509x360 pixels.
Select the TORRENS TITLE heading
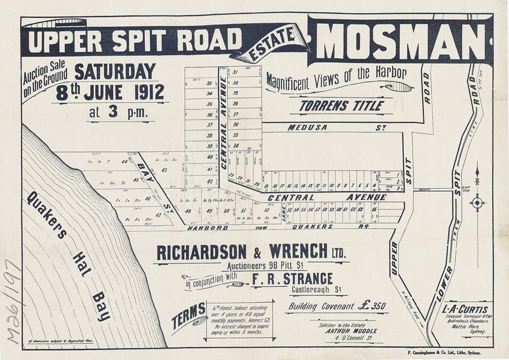[341, 106]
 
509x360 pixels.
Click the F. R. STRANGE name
[292, 279]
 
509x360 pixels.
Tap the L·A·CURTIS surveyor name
[466, 310]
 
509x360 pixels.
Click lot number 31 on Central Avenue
[235, 73]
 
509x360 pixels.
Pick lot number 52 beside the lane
[266, 209]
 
